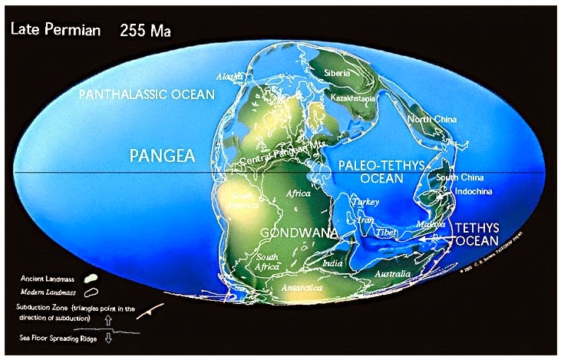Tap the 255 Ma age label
tap(146, 31)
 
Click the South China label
tap(459, 177)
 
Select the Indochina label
tap(474, 190)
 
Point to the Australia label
tap(392, 273)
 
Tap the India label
tap(332, 263)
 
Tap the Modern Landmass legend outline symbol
tap(94, 292)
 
